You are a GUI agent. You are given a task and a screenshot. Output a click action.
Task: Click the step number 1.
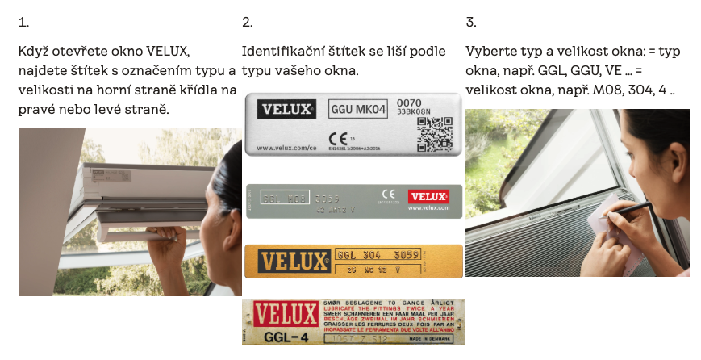[23, 22]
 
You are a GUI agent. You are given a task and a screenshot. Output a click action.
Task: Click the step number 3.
[471, 22]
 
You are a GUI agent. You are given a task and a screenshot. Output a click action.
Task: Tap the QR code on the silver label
[434, 133]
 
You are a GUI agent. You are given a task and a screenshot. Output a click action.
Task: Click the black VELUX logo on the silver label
[286, 108]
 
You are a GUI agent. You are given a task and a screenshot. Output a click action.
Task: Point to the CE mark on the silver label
[336, 134]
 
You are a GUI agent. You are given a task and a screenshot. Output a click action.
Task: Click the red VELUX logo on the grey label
[428, 196]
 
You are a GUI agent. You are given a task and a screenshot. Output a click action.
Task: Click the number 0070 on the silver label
[409, 102]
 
